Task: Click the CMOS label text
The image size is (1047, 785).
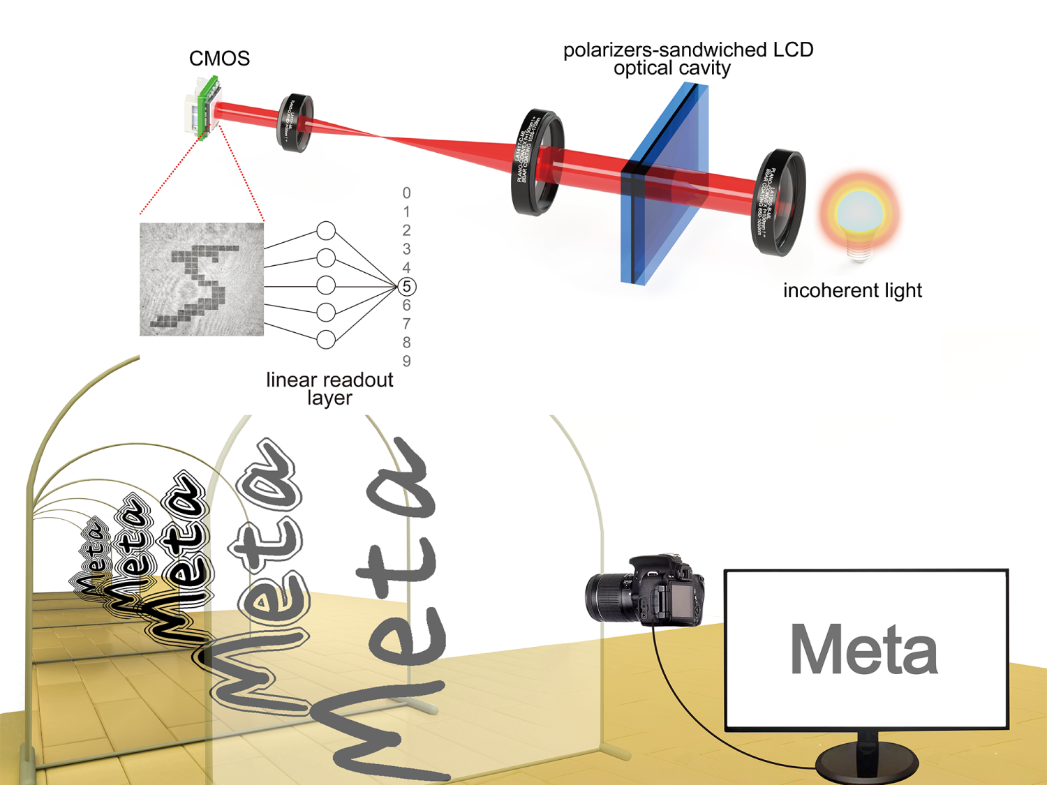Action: (219, 59)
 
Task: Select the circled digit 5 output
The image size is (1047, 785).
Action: (407, 286)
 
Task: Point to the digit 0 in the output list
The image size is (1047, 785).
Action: (407, 193)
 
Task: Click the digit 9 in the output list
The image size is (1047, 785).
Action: (407, 361)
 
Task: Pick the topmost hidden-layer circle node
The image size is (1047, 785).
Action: (326, 231)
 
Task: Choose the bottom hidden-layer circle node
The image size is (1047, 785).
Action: (326, 340)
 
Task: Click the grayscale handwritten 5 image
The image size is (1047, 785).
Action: (202, 279)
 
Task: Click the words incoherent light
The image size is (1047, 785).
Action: (852, 290)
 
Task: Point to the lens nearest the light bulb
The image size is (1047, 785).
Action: (778, 202)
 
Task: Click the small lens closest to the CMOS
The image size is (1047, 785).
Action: (295, 123)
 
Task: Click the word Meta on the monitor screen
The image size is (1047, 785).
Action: (863, 649)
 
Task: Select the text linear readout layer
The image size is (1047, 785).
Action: (329, 389)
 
